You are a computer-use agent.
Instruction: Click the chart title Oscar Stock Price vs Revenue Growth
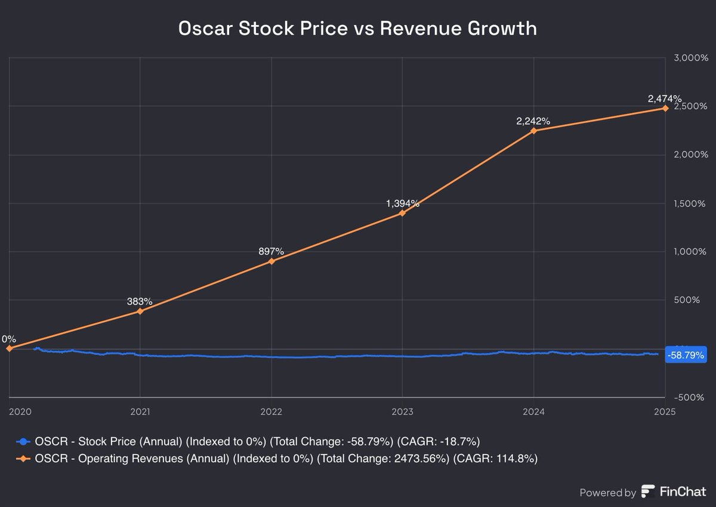(x=357, y=29)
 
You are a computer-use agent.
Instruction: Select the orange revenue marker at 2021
(x=140, y=311)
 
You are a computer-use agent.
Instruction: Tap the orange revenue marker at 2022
(x=271, y=261)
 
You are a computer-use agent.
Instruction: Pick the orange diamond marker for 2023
(x=402, y=212)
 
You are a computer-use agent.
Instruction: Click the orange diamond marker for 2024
(x=533, y=130)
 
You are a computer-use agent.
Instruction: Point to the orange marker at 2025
(x=664, y=108)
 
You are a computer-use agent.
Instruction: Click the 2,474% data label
(x=665, y=98)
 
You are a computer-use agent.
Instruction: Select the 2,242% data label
(x=533, y=121)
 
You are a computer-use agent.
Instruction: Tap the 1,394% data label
(x=403, y=203)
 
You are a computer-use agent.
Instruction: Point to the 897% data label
(x=271, y=252)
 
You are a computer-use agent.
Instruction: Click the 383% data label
(x=140, y=301)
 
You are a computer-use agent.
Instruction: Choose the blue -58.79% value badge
(x=685, y=355)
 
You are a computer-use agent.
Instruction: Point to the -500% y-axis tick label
(x=689, y=397)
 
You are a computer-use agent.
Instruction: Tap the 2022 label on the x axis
(x=271, y=411)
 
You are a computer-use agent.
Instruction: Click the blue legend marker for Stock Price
(x=23, y=441)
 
